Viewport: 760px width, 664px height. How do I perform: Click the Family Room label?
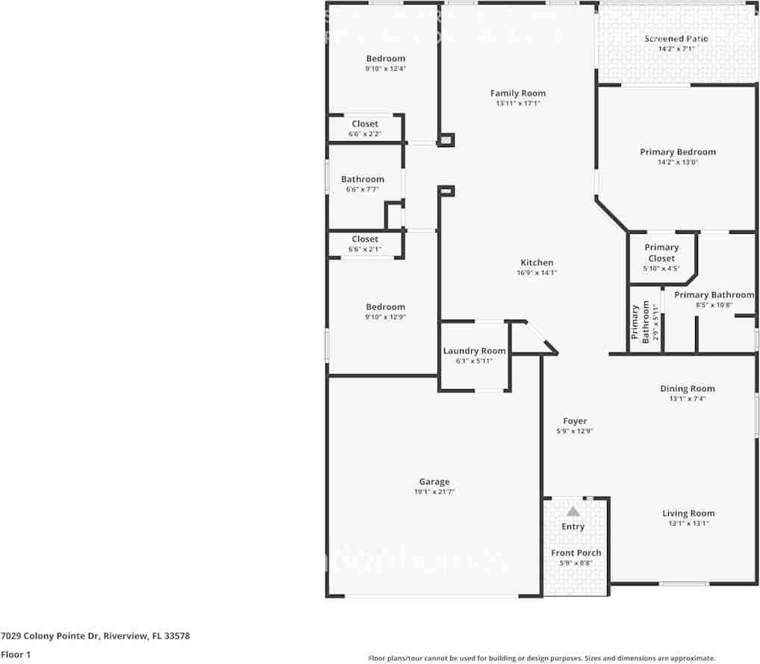(x=517, y=93)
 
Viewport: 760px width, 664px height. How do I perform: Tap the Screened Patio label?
(x=676, y=39)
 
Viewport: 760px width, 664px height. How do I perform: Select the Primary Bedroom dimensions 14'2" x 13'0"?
(x=677, y=162)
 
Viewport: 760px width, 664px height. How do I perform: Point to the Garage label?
(x=434, y=482)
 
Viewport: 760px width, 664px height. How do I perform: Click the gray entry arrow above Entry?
(x=573, y=512)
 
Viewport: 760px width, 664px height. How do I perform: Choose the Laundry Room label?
(x=474, y=351)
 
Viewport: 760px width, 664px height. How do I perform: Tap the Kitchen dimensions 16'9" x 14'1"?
(x=537, y=273)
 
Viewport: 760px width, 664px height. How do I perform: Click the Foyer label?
(x=575, y=421)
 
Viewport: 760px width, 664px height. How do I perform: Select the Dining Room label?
(x=687, y=388)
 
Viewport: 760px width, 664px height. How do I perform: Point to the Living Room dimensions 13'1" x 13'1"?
(x=688, y=524)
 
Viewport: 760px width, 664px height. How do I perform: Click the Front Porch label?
(x=576, y=553)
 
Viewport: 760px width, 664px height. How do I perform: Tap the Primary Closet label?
(x=661, y=252)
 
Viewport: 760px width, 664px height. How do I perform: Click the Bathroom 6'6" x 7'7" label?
(x=363, y=179)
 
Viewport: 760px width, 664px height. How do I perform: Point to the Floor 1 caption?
(x=16, y=654)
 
